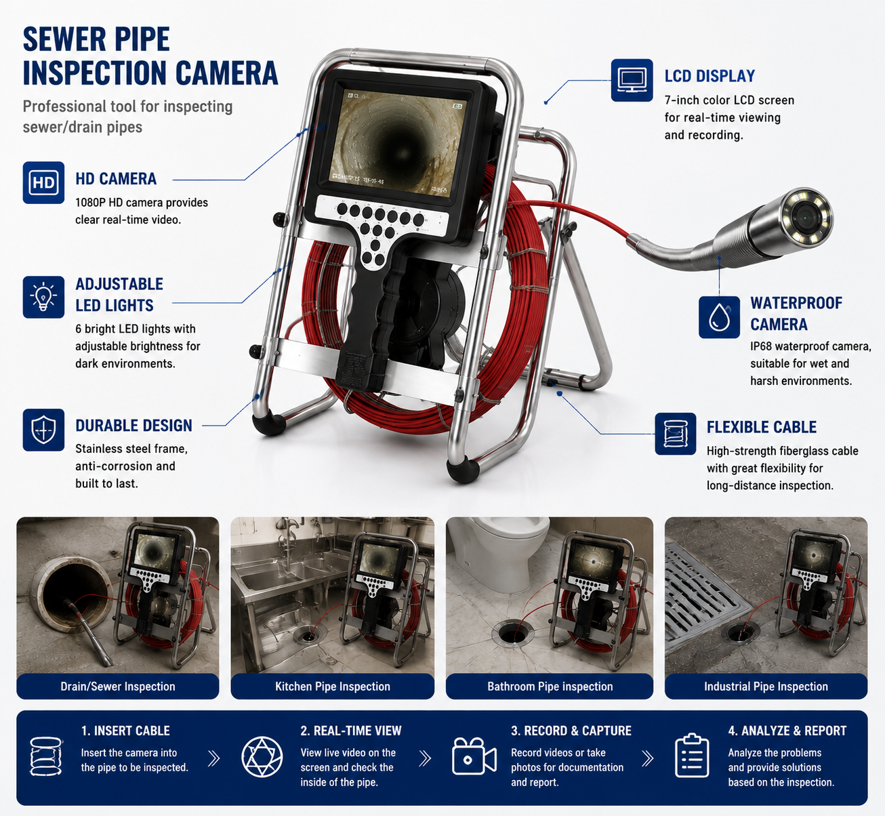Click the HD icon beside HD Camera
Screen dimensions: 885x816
click(43, 183)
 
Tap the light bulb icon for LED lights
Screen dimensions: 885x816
click(43, 297)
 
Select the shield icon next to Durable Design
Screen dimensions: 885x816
click(43, 430)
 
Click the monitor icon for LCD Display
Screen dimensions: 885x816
click(632, 80)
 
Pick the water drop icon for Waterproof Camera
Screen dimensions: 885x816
click(719, 317)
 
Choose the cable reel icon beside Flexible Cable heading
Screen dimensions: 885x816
click(676, 434)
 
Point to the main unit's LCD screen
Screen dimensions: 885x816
click(396, 143)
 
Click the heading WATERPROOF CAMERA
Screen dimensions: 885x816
click(796, 314)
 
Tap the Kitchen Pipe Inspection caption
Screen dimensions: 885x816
click(333, 687)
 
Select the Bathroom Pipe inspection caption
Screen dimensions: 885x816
click(550, 687)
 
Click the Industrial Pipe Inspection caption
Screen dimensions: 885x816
click(766, 687)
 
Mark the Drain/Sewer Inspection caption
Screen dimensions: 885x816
click(118, 687)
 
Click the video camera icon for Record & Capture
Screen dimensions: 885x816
click(474, 756)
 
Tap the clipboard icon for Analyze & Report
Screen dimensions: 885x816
click(692, 756)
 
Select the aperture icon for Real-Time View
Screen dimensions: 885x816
click(262, 756)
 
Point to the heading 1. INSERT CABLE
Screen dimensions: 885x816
click(125, 731)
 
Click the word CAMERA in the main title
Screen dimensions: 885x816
click(226, 73)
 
